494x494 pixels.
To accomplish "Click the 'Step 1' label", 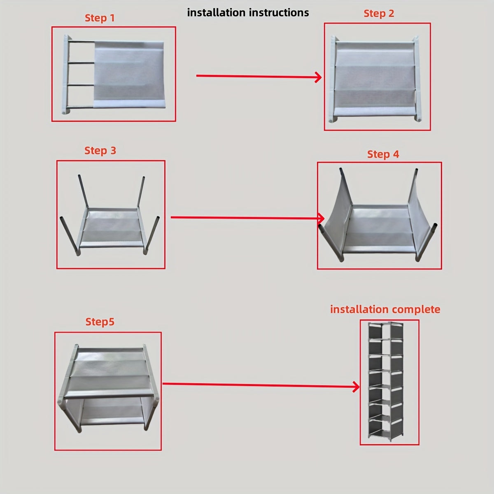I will [100, 18].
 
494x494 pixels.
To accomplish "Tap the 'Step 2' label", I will [379, 14].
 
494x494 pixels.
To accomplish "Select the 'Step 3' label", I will [100, 151].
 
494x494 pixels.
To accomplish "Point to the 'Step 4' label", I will [383, 154].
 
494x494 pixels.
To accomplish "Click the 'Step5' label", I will [100, 322].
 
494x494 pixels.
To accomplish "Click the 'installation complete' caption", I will [385, 310].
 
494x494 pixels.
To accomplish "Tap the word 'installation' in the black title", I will [216, 13].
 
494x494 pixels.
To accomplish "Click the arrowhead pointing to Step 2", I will [318, 77].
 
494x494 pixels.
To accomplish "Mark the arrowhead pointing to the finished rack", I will [356, 387].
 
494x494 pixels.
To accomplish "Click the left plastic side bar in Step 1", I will [65, 75].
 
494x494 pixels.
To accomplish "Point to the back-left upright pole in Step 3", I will [83, 192].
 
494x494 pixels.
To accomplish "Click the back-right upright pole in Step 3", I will [141, 192].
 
